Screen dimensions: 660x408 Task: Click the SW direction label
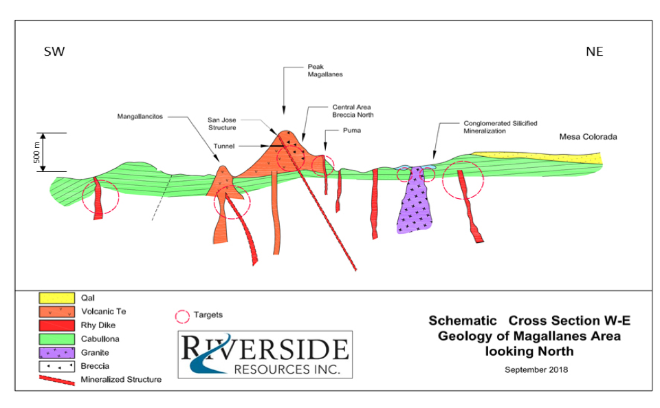54,52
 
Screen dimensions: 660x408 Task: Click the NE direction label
594,52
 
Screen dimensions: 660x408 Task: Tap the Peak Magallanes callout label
325,70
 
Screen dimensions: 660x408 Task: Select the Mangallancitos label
140,117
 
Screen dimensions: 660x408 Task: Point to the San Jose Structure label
222,124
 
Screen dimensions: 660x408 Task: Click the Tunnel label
223,146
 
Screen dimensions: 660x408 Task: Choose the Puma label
352,131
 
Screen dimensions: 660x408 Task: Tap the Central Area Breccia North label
353,111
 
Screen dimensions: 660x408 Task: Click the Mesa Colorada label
588,137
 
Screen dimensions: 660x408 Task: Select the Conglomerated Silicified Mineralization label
500,127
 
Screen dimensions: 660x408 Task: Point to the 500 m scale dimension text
36,153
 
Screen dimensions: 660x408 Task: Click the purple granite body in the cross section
415,202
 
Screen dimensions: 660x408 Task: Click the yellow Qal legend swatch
57,298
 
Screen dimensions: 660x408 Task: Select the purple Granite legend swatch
57,352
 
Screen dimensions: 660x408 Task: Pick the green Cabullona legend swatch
57,339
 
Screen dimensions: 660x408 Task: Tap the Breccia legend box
57,366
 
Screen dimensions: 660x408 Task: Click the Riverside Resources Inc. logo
265,354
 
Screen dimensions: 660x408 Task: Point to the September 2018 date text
536,369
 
